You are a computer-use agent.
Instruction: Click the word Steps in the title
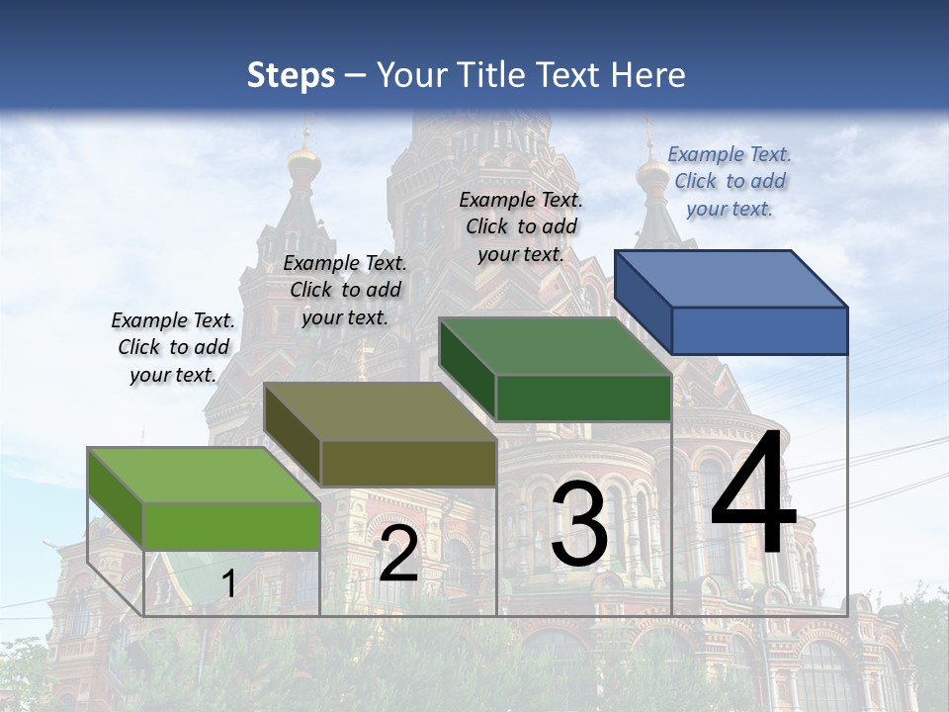291,75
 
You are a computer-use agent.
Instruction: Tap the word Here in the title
647,75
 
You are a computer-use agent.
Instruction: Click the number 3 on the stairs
579,526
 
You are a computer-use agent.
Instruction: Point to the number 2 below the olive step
398,555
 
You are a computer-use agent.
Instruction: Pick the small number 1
228,583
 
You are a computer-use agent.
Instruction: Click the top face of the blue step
732,278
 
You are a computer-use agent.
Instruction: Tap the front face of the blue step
759,330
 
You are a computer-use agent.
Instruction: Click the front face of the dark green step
583,398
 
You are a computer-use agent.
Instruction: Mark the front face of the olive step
407,463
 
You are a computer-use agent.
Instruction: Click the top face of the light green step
204,475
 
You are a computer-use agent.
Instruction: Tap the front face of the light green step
231,526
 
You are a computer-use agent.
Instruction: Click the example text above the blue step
730,181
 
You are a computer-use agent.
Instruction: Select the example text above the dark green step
521,226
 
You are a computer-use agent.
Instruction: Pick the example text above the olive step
345,290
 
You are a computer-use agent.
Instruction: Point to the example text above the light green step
173,347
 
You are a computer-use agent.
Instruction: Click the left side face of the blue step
644,302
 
